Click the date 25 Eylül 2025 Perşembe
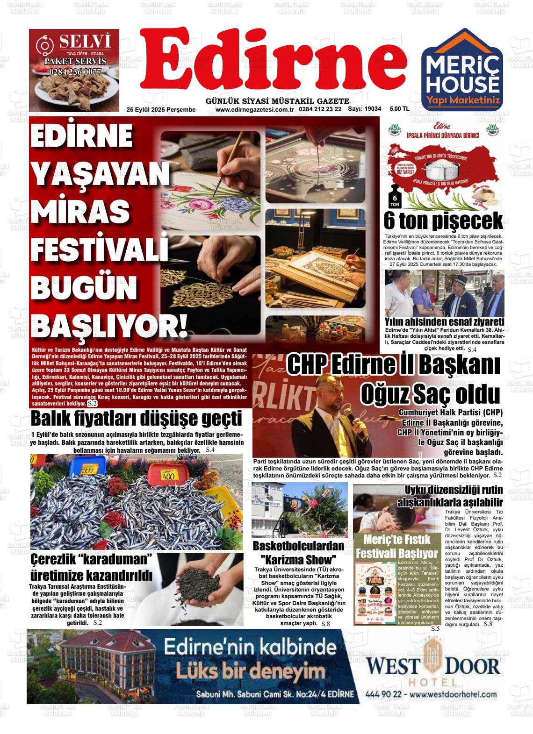click(x=161, y=109)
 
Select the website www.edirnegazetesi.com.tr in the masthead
click(x=254, y=109)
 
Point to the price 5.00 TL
click(x=399, y=109)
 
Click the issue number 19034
click(x=373, y=109)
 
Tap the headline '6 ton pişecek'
click(x=443, y=221)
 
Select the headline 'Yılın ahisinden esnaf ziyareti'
click(x=444, y=322)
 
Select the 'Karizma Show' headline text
click(x=298, y=559)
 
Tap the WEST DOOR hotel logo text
click(x=433, y=665)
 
